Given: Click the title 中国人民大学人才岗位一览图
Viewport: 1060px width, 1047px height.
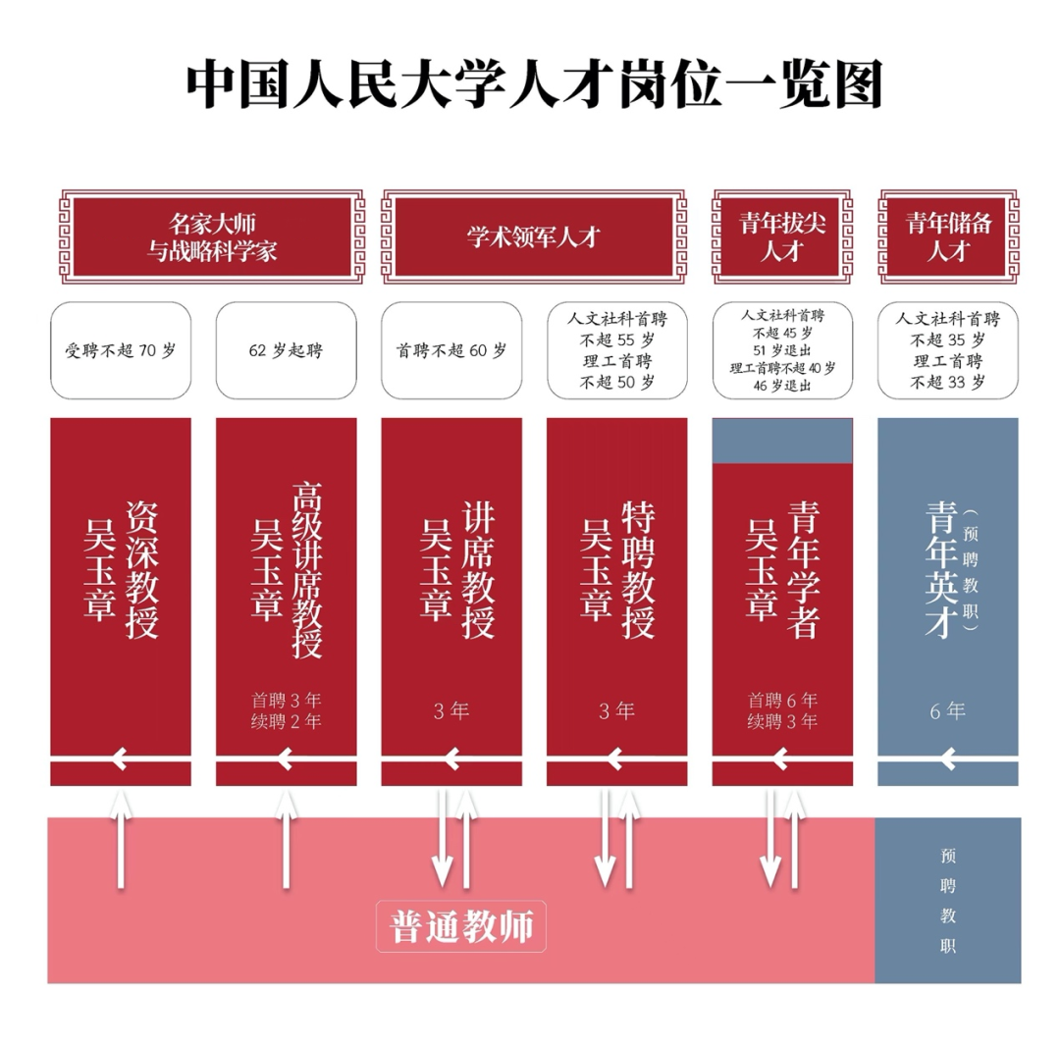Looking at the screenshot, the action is [x=535, y=85].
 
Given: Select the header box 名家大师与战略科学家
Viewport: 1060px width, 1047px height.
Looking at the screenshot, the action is [x=211, y=236].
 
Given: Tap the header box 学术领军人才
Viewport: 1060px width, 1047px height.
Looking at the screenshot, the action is [x=533, y=236].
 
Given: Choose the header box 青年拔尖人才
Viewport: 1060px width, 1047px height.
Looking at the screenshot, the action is [x=782, y=236].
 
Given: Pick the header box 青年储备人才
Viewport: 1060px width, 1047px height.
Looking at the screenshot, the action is [x=948, y=236].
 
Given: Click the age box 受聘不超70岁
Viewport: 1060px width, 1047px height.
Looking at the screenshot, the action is [x=120, y=350].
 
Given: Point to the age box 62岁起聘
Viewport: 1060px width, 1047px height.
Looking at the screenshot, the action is [x=286, y=350].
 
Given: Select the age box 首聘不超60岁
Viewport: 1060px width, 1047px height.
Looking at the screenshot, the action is [x=451, y=350].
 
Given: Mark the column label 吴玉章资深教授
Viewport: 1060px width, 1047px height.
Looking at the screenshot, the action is [x=120, y=569].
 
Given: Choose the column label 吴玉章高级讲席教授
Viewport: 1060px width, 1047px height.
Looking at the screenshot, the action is [x=286, y=569].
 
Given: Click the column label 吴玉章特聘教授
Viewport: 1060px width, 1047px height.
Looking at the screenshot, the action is [x=616, y=569].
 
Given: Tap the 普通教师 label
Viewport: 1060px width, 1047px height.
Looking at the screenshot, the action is [x=461, y=926].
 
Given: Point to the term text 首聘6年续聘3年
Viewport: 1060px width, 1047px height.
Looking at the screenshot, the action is [x=782, y=711].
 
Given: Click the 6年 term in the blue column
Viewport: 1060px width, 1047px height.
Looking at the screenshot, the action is [x=948, y=711].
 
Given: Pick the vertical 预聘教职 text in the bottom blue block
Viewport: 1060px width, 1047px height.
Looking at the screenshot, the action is [x=947, y=900].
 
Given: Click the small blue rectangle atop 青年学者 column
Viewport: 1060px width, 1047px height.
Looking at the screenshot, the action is [x=782, y=441].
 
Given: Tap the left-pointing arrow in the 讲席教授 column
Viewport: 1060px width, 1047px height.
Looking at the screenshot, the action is [x=450, y=759].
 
